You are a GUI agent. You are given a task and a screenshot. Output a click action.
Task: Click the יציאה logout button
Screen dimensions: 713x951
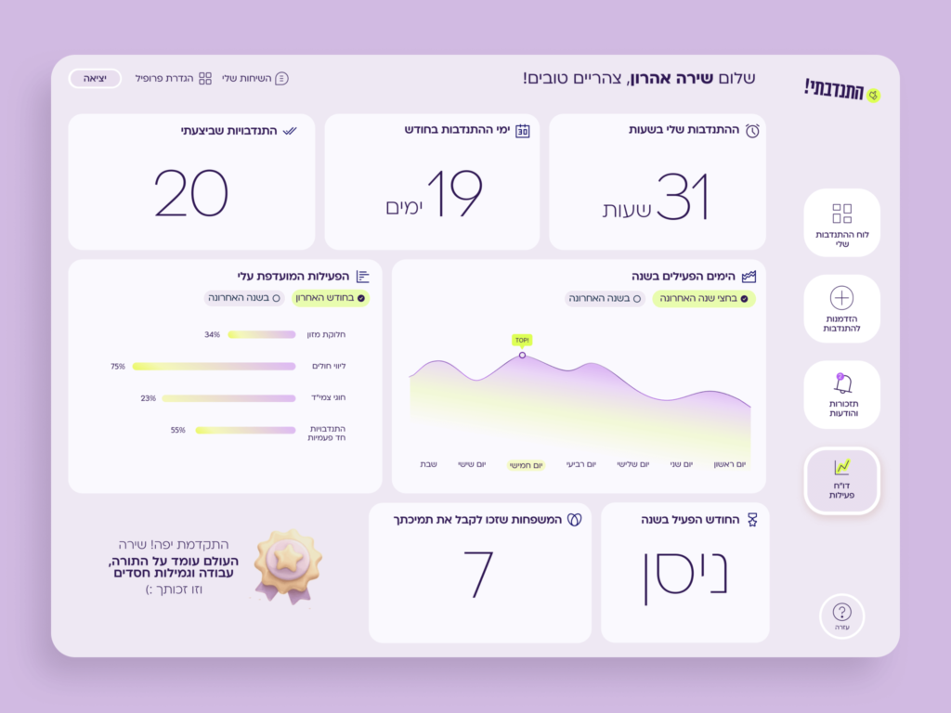point(95,78)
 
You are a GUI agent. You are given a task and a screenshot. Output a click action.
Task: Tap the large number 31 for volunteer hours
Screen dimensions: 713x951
point(683,196)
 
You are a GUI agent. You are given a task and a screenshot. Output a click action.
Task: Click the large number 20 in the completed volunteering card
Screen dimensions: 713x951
point(191,193)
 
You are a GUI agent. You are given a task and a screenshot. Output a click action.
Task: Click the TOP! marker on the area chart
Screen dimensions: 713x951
point(522,341)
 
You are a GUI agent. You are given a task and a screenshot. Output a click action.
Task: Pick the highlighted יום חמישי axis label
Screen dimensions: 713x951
point(526,464)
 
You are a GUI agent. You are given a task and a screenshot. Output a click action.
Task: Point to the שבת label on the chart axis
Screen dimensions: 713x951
point(429,464)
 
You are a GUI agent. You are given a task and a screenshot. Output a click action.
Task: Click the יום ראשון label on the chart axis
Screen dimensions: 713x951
point(729,464)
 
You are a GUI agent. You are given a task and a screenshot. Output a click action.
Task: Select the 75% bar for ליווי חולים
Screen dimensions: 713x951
point(214,366)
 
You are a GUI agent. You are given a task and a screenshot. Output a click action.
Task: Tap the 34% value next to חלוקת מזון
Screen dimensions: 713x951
point(213,334)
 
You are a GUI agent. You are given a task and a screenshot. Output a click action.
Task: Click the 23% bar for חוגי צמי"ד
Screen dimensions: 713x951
point(228,397)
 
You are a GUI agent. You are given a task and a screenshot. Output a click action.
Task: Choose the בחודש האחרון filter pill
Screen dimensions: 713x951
point(332,298)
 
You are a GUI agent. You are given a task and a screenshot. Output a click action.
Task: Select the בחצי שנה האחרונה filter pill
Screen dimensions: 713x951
point(703,298)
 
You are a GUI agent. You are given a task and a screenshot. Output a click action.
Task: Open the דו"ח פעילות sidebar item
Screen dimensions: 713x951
point(841,480)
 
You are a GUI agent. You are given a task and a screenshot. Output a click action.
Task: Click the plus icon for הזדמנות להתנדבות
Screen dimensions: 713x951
point(841,298)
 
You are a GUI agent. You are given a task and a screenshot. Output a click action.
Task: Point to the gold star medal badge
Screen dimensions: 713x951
point(288,564)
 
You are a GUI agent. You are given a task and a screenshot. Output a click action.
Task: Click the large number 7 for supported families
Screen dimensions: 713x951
point(479,573)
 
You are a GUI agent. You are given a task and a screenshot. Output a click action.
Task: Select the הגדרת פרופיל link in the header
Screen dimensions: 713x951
point(174,78)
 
